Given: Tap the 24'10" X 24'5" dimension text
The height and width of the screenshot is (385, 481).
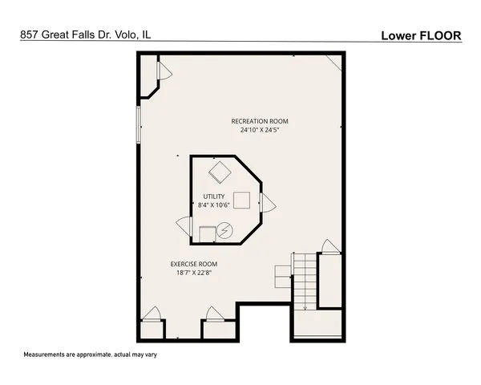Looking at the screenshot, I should pyautogui.click(x=258, y=129).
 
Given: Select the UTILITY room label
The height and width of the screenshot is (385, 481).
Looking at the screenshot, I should pyautogui.click(x=213, y=197).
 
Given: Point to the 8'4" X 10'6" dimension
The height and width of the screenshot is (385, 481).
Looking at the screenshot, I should pyautogui.click(x=213, y=205).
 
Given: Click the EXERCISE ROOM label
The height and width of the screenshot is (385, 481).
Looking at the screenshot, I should pyautogui.click(x=193, y=264).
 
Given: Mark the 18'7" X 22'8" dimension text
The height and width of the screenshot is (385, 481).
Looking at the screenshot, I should pyautogui.click(x=193, y=273).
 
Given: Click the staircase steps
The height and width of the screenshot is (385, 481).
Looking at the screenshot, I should pyautogui.click(x=304, y=281).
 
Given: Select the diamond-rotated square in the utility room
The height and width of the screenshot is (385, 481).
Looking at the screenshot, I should pyautogui.click(x=217, y=172).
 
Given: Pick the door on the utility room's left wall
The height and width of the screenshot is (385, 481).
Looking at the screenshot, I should pyautogui.click(x=183, y=225).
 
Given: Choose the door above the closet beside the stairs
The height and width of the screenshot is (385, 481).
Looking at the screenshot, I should pyautogui.click(x=328, y=246).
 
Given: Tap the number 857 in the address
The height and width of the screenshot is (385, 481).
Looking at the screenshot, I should pyautogui.click(x=30, y=34).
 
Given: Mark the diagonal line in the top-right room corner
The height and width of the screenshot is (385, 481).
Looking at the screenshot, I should pyautogui.click(x=333, y=62).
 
